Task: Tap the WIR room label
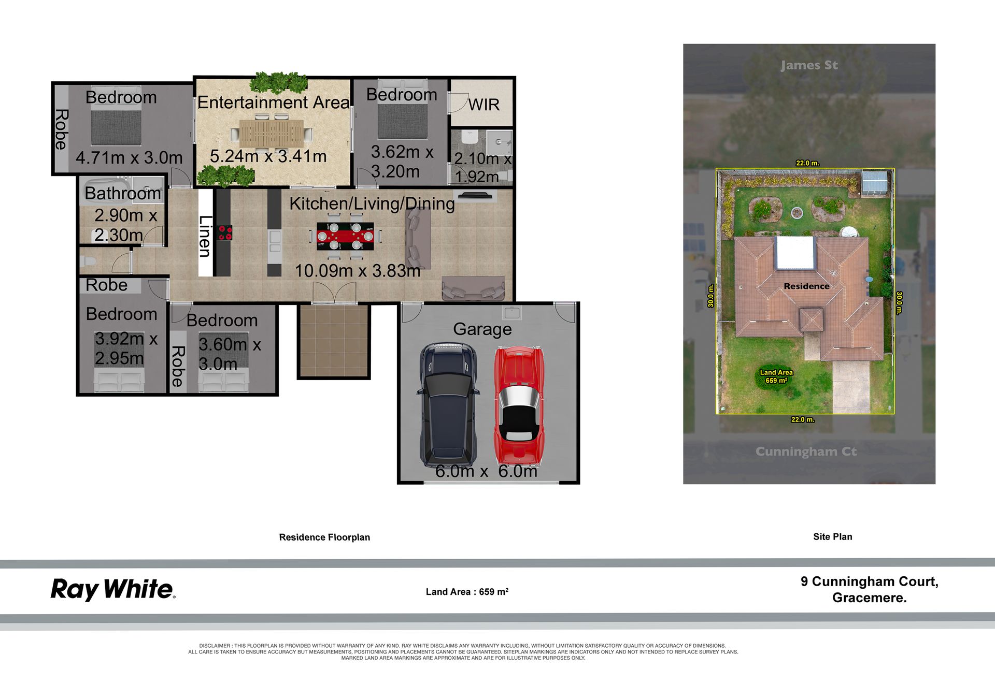[x=484, y=105]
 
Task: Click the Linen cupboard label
[x=205, y=236]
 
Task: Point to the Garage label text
[x=482, y=329]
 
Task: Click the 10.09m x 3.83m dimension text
[x=358, y=270]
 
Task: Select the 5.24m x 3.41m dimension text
[x=268, y=156]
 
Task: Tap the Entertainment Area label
[x=274, y=103]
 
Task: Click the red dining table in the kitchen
[x=345, y=236]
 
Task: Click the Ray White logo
[x=113, y=590]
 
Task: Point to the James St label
[x=809, y=65]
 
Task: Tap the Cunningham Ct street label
[x=806, y=452]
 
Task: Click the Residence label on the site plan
[x=806, y=286]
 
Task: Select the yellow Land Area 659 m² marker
[x=776, y=376]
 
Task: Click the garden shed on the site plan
[x=874, y=183]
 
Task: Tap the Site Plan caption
[x=832, y=537]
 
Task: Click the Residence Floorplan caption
[x=324, y=537]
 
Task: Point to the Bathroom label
[x=123, y=193]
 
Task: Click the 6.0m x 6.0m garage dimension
[x=486, y=471]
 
